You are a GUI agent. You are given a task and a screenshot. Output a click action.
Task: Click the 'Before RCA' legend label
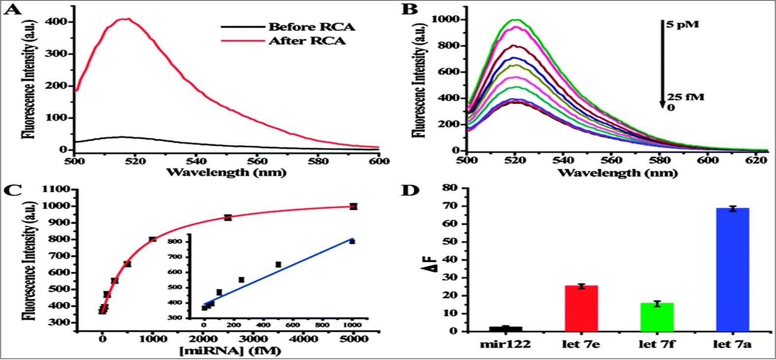(x=311, y=26)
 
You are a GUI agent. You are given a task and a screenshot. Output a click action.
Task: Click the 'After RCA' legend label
(x=307, y=40)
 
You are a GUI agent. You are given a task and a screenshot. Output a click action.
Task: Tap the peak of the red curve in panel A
(x=127, y=19)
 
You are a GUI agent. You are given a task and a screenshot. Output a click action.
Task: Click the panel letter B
(x=410, y=9)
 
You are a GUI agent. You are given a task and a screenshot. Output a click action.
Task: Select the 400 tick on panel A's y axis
(x=62, y=22)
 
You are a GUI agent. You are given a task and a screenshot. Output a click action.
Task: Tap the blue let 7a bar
(x=732, y=270)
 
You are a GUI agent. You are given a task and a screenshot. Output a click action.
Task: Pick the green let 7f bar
(x=656, y=317)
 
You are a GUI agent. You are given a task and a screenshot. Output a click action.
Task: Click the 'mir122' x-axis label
(x=506, y=344)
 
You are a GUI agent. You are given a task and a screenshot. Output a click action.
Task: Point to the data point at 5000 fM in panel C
(x=353, y=206)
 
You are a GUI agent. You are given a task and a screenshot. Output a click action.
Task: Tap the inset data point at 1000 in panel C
(x=352, y=241)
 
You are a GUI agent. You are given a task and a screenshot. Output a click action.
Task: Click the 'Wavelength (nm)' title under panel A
(x=226, y=172)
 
